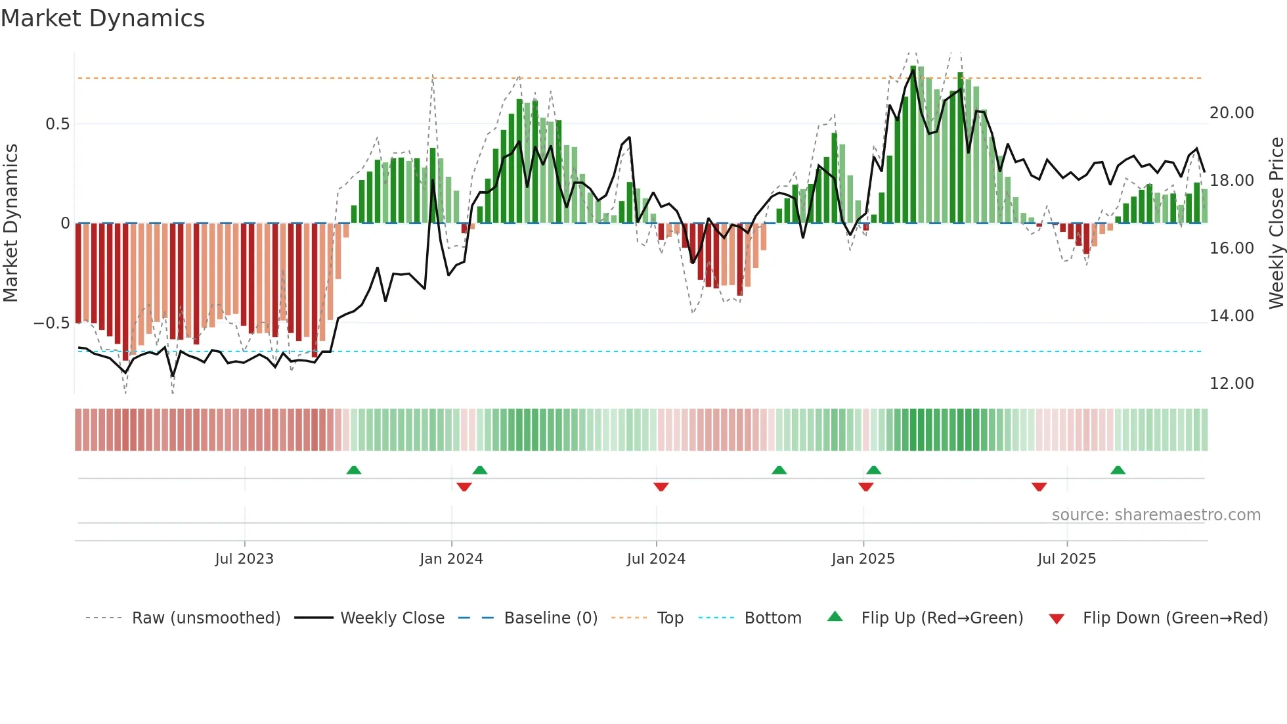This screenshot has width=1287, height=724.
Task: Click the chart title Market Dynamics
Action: click(102, 18)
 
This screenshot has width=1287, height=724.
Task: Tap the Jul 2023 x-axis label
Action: click(244, 559)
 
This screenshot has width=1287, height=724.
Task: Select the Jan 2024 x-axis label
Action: click(451, 559)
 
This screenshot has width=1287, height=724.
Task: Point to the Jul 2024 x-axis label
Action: click(656, 559)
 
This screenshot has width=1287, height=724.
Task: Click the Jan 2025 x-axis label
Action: click(863, 559)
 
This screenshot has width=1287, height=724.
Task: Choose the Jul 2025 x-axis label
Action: click(1066, 559)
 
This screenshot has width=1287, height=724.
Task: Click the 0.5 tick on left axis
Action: click(57, 124)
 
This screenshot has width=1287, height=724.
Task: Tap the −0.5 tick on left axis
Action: click(51, 323)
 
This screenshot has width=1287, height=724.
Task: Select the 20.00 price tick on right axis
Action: click(1231, 113)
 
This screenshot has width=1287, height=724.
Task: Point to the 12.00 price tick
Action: click(1231, 384)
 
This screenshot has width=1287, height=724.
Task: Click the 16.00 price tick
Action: click(1231, 248)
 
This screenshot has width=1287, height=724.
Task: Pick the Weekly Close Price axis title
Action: click(1276, 223)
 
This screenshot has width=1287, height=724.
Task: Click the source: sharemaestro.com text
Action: click(1156, 515)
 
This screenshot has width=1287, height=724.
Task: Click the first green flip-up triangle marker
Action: click(354, 470)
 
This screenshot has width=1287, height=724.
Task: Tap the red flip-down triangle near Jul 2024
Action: click(661, 487)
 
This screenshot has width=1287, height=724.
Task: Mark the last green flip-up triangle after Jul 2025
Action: click(1118, 470)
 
